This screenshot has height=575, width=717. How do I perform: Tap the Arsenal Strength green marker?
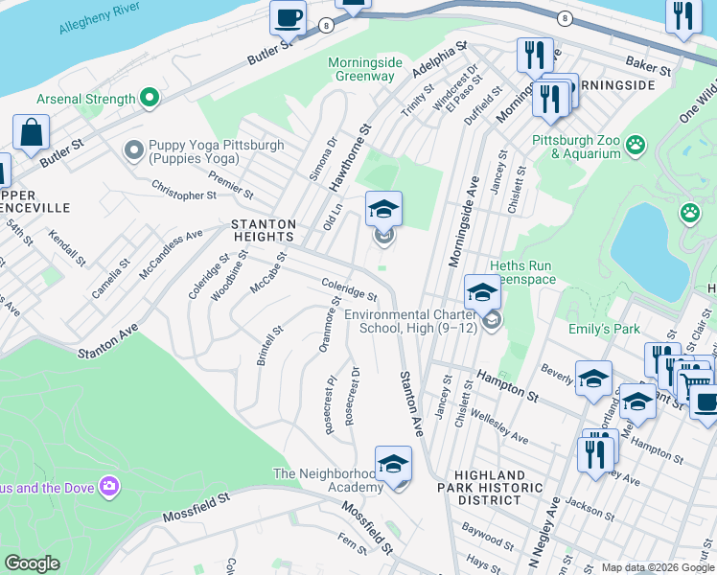coord(149,98)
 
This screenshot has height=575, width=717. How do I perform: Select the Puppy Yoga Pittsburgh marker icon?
coord(133,151)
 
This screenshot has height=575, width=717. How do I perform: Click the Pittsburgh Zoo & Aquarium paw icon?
coord(635,145)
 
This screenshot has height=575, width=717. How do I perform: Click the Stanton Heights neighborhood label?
coord(263,230)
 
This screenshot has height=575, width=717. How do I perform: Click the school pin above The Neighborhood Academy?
coord(393,464)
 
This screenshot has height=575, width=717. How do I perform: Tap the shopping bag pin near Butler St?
coord(31,132)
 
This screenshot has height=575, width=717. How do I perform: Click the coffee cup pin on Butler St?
coord(288,17)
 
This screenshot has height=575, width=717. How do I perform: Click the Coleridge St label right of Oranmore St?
coord(349,289)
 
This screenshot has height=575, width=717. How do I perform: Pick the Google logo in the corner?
coord(32,563)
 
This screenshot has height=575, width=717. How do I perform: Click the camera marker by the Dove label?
coord(109,487)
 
